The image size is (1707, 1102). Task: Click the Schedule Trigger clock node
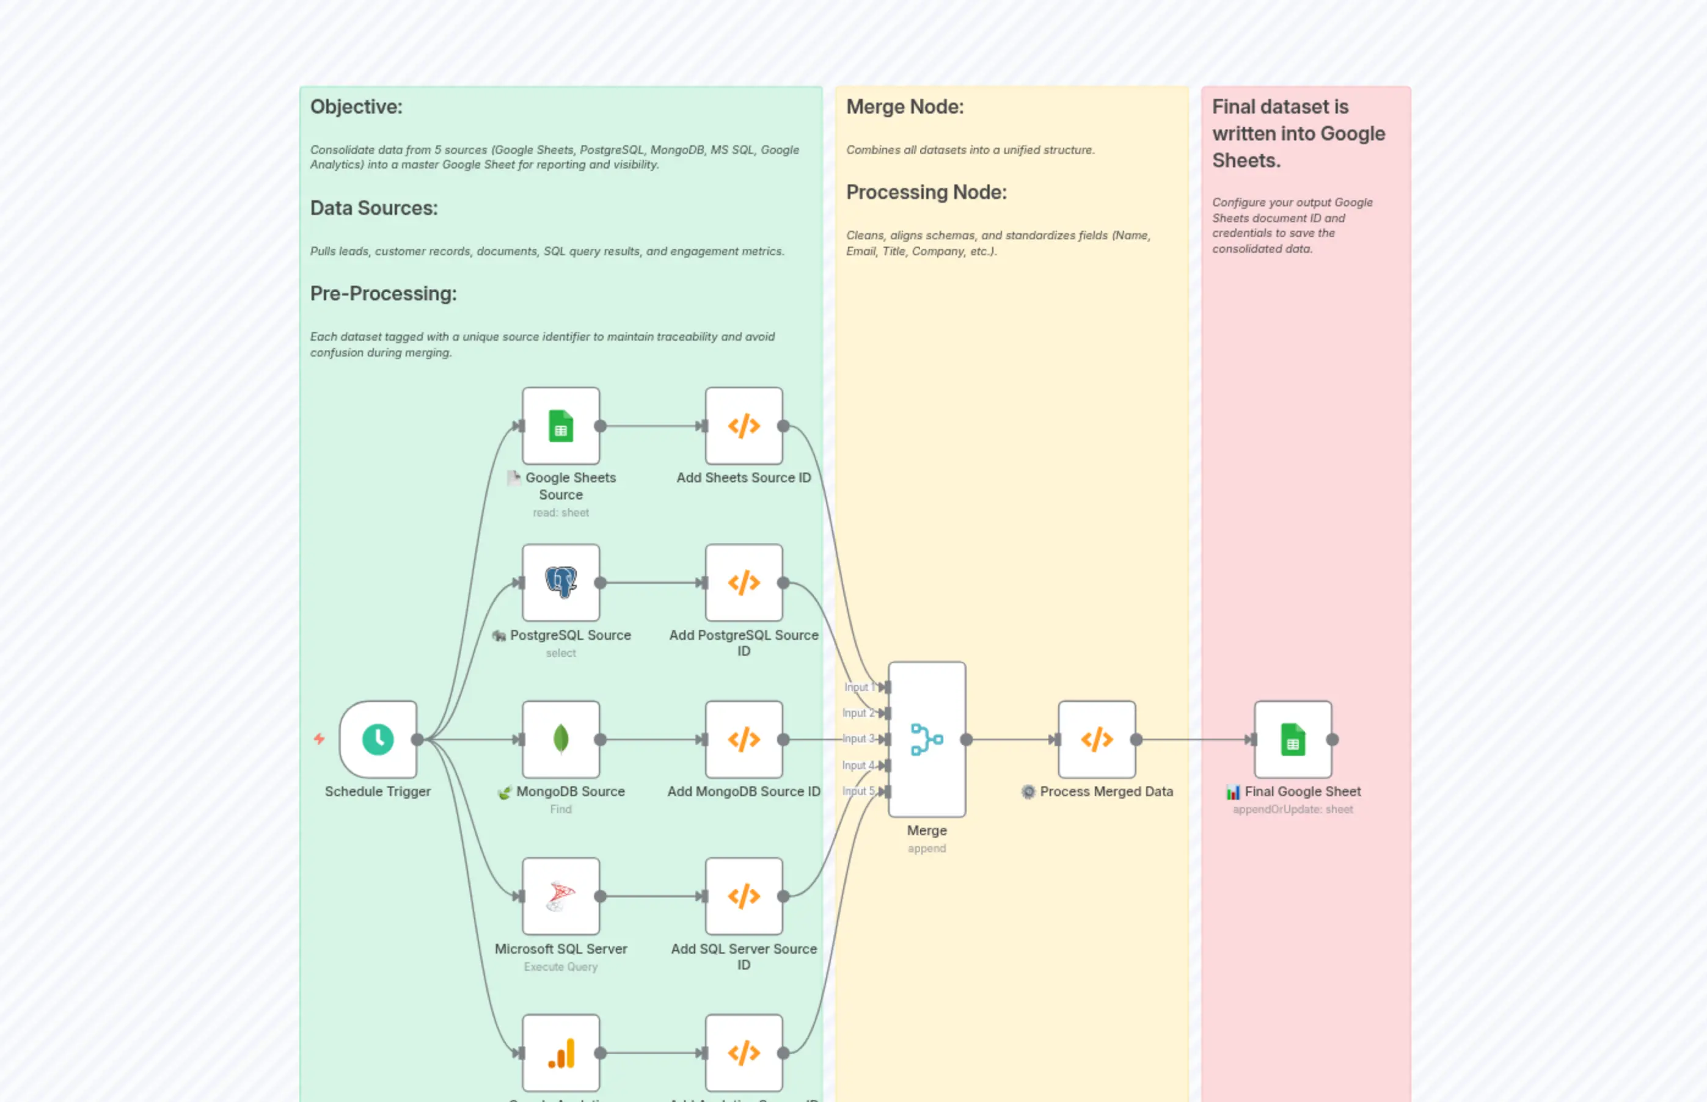click(378, 739)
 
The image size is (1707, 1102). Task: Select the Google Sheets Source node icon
click(561, 426)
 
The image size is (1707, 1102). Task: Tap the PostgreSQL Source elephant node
click(561, 582)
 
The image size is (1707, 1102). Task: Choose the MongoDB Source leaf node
click(561, 739)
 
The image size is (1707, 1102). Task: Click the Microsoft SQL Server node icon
click(561, 896)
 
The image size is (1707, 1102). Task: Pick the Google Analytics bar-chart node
click(561, 1053)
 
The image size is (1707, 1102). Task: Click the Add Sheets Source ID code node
click(744, 426)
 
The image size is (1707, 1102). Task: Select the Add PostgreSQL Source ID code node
click(744, 582)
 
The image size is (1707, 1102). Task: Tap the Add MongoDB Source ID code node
click(744, 739)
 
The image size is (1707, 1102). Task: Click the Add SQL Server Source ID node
click(744, 896)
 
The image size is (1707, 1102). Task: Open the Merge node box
click(927, 739)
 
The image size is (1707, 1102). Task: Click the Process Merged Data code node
click(1096, 739)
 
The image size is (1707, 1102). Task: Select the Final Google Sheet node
click(1292, 739)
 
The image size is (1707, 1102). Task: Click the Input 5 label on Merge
click(857, 791)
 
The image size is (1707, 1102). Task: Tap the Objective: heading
click(356, 107)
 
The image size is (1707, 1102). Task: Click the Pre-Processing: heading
click(383, 294)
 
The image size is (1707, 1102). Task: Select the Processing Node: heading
click(926, 192)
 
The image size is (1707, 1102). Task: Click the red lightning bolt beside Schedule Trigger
click(320, 739)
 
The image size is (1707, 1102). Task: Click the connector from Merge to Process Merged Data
click(1009, 739)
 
